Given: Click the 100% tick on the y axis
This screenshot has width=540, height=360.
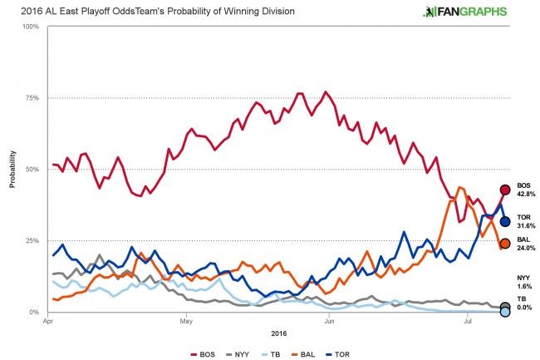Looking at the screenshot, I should click(32, 27).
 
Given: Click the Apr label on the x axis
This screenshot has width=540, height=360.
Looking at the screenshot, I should click(48, 319).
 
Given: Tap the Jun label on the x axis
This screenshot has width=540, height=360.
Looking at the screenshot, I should click(330, 319).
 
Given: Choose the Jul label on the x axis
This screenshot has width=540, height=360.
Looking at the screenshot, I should click(469, 319).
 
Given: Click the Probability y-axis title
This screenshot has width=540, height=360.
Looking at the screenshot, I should click(12, 170).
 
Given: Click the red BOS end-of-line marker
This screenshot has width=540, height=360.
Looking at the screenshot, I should click(504, 190).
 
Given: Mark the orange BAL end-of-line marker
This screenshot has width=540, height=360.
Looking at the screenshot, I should click(504, 244).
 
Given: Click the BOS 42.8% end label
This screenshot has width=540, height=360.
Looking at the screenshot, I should click(525, 190).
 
